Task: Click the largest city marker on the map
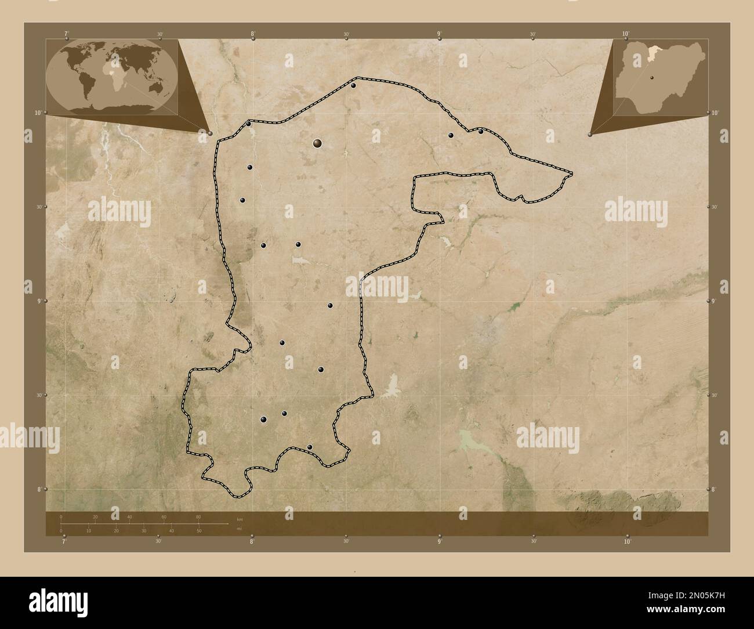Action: coord(317,142)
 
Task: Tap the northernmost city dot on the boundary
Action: coord(353,86)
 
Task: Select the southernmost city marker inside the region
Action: coord(310,447)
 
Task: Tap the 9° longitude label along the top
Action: coord(440,34)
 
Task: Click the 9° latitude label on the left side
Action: coord(39,301)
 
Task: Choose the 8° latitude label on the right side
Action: coord(714,490)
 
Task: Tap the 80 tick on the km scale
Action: coord(198,517)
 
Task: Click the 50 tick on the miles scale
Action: coord(199,530)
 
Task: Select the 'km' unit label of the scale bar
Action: coord(240,518)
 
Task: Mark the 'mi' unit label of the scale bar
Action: coord(239,529)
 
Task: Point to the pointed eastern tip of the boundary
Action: coord(571,173)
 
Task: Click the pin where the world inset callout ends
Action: coord(210,133)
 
